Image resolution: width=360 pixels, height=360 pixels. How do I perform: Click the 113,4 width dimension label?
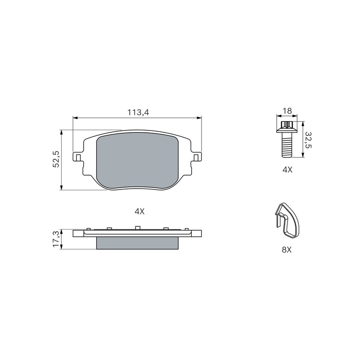pyautogui.click(x=138, y=112)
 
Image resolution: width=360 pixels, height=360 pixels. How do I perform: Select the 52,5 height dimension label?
pyautogui.click(x=56, y=159)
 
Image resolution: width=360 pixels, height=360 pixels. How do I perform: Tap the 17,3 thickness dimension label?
pyautogui.click(x=56, y=239)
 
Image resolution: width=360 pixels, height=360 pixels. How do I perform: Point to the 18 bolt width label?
pyautogui.click(x=287, y=111)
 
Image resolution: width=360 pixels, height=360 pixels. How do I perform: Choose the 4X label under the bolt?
pyautogui.click(x=288, y=170)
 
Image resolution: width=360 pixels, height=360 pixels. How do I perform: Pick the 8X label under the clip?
pyautogui.click(x=287, y=250)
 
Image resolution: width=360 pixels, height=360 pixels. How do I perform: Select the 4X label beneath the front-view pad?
pyautogui.click(x=139, y=211)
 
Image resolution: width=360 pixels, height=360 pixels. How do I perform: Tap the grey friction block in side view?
pyautogui.click(x=137, y=243)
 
